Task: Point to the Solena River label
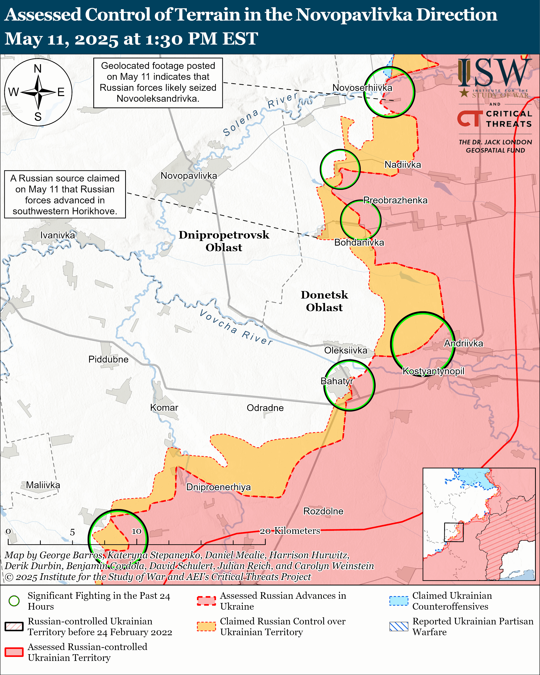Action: pyautogui.click(x=260, y=114)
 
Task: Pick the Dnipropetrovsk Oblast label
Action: pyautogui.click(x=224, y=241)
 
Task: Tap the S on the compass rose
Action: pyautogui.click(x=38, y=117)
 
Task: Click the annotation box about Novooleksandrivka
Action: pyautogui.click(x=158, y=82)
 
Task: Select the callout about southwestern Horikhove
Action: pyautogui.click(x=65, y=195)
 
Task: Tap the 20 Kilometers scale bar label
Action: pyautogui.click(x=290, y=531)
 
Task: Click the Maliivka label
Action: pyautogui.click(x=43, y=485)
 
